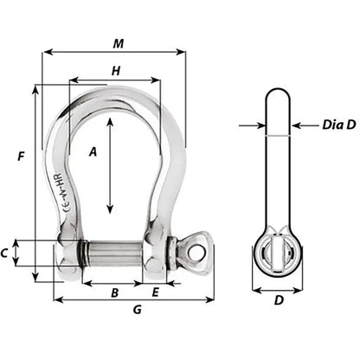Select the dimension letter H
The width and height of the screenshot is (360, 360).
pyautogui.click(x=115, y=72)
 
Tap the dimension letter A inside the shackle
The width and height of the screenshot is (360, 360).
pyautogui.click(x=92, y=151)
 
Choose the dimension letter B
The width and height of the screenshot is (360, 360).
pyautogui.click(x=114, y=292)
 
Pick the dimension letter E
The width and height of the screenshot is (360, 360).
pyautogui.click(x=155, y=292)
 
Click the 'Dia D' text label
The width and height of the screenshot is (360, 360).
pyautogui.click(x=327, y=125)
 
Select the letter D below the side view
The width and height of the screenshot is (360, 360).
pyautogui.click(x=279, y=301)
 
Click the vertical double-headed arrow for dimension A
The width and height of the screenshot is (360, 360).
pyautogui.click(x=109, y=164)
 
